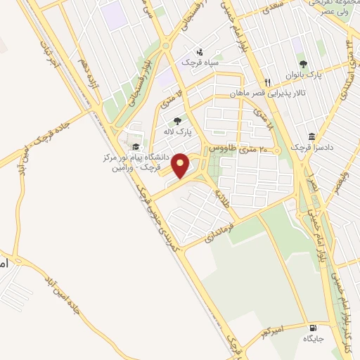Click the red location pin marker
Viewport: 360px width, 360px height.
[x=181, y=165]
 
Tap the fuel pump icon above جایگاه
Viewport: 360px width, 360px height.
[x=311, y=328]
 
